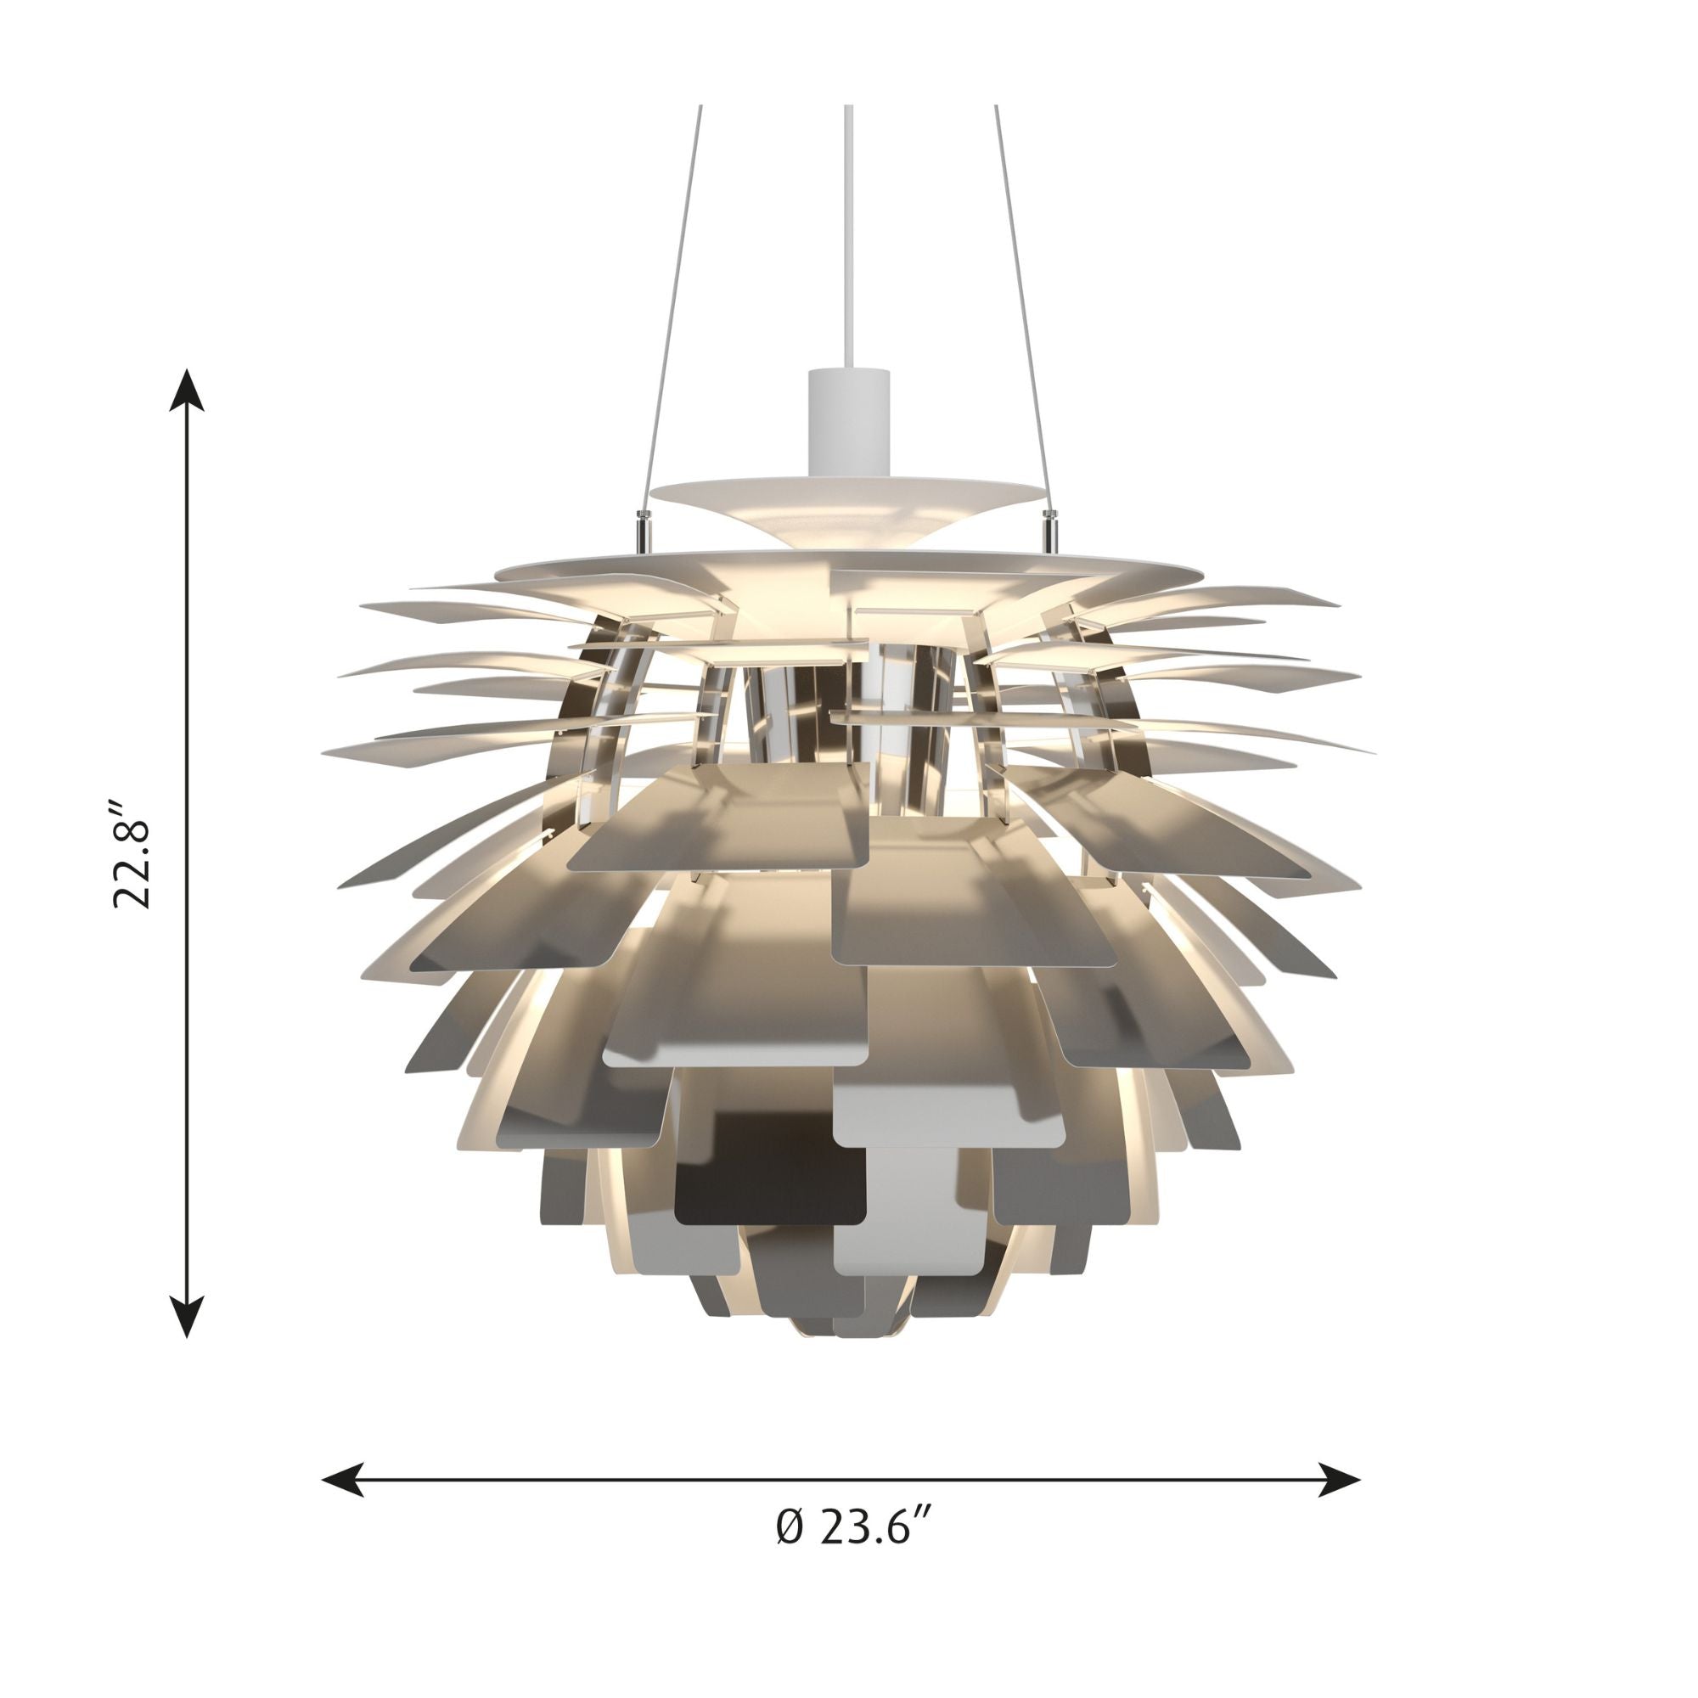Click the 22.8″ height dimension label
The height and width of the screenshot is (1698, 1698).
click(x=132, y=853)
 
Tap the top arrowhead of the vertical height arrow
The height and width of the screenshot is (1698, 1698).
click(x=187, y=391)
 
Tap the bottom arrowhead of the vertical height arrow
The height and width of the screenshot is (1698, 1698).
click(x=187, y=1315)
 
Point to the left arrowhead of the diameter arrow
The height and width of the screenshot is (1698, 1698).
click(x=344, y=1480)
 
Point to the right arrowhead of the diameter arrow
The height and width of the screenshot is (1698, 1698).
click(x=1340, y=1480)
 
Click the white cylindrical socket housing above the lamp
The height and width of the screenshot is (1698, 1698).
click(x=848, y=422)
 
